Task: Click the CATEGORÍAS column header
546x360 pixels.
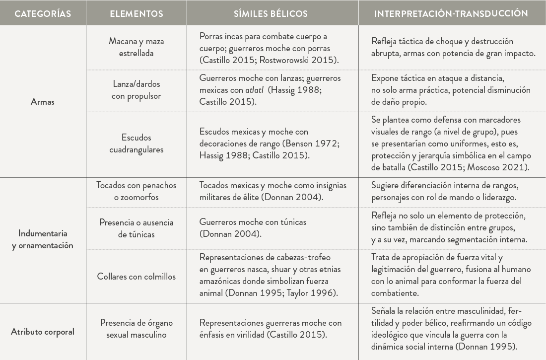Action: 43,13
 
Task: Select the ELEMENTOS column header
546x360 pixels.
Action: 136,13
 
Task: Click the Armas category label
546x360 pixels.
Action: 43,102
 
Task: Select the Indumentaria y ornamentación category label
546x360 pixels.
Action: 43,239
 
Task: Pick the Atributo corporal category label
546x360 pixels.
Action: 43,332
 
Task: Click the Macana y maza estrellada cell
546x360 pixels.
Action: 136,47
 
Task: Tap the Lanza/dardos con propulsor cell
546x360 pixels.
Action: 136,90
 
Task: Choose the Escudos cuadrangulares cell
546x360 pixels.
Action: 136,143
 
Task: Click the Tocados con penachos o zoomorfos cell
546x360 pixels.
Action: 136,191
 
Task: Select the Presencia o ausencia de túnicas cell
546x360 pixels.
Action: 136,228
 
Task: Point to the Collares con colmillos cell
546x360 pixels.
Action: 136,277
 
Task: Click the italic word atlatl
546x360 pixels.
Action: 255,90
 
